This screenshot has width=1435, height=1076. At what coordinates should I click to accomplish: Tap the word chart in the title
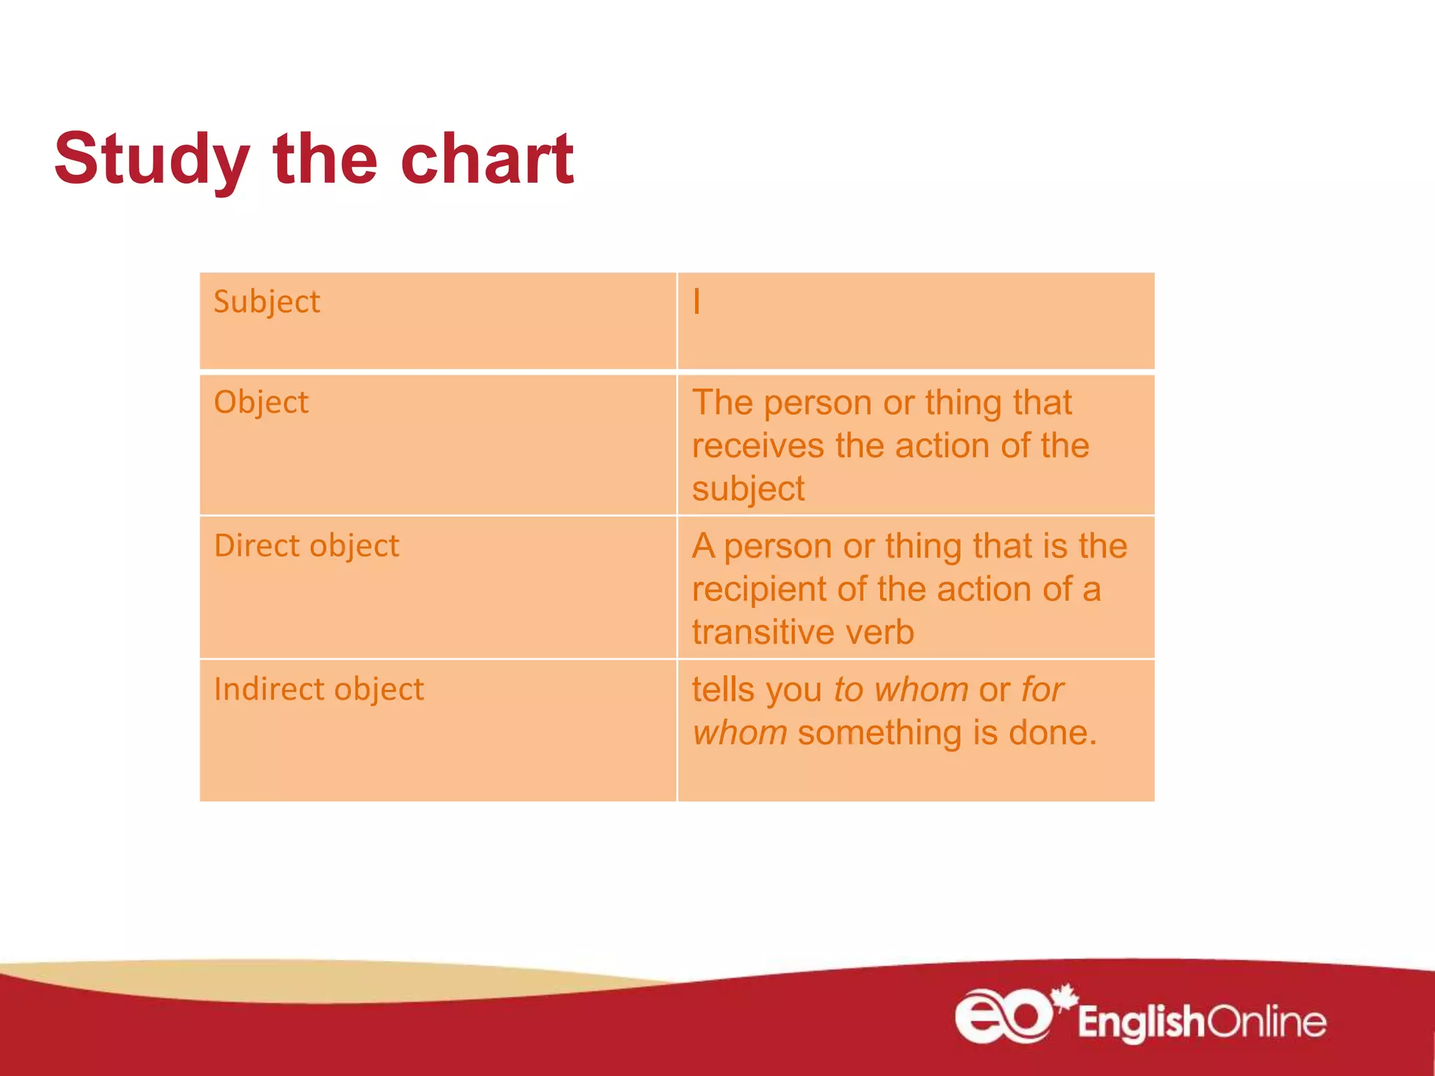click(487, 160)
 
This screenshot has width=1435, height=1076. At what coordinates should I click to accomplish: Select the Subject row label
click(266, 303)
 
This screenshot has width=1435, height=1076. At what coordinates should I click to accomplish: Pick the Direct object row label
click(306, 546)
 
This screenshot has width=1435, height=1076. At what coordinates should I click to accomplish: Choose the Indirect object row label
click(319, 689)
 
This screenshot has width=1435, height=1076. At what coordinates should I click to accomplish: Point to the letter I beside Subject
click(696, 303)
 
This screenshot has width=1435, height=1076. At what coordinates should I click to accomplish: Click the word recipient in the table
click(759, 590)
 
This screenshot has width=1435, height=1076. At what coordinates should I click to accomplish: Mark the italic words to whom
click(901, 690)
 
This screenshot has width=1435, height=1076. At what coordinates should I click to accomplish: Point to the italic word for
click(1043, 690)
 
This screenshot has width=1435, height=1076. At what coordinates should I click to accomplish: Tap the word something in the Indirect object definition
click(879, 733)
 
